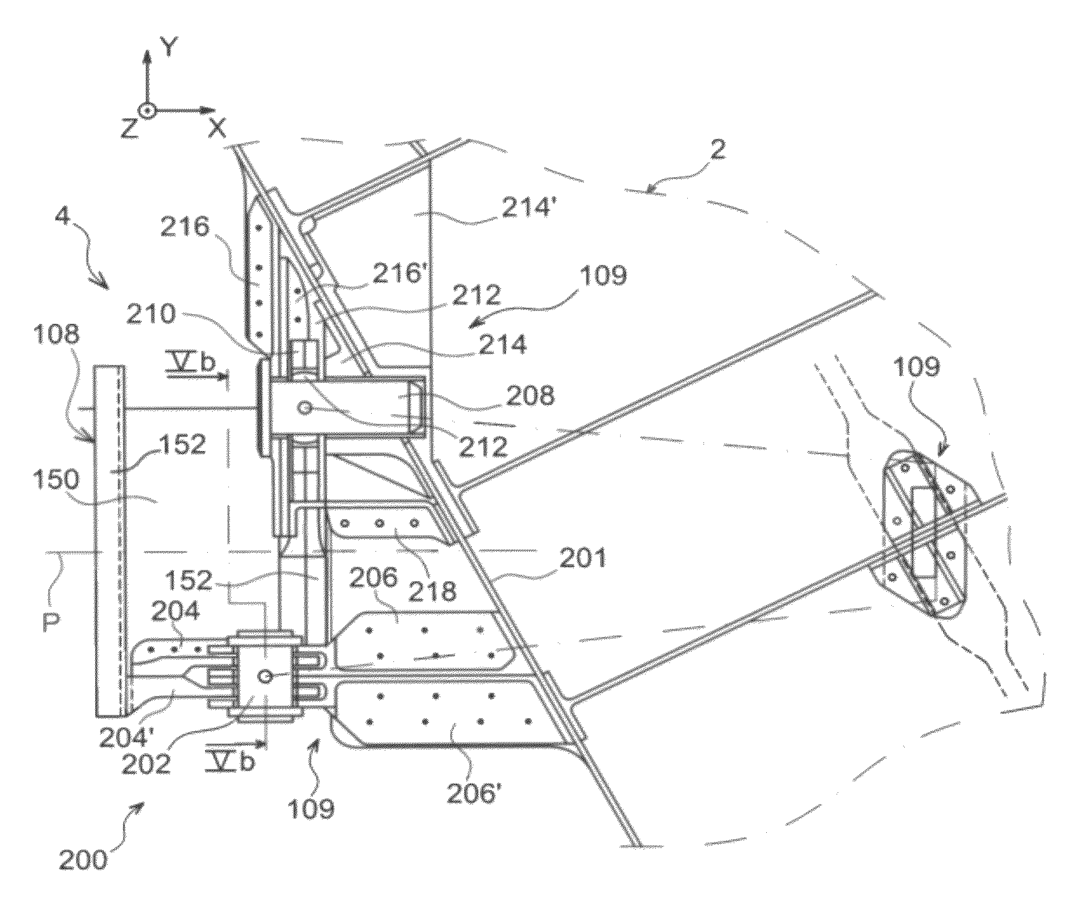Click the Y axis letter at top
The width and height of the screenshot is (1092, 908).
click(x=169, y=48)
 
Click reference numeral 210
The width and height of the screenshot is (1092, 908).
click(x=151, y=314)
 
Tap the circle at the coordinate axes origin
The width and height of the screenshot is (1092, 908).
click(x=147, y=111)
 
